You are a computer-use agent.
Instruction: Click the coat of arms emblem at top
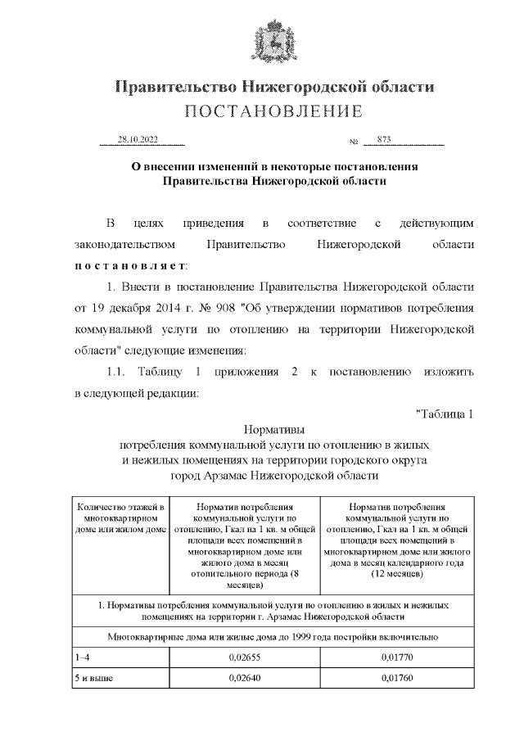[261, 41]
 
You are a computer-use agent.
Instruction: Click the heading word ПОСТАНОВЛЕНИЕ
[273, 111]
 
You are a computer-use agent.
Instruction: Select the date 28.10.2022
[137, 139]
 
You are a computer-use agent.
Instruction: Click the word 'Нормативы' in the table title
[274, 428]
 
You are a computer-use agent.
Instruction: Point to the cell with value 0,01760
[396, 680]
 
